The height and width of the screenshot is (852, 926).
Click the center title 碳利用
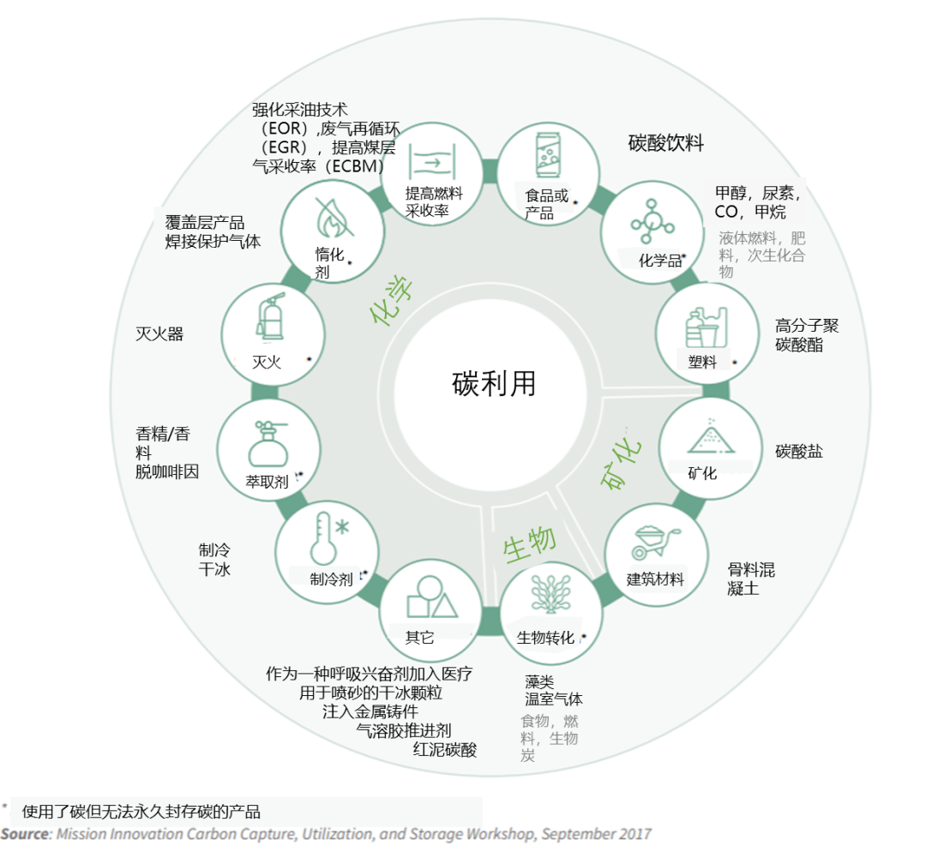[494, 383]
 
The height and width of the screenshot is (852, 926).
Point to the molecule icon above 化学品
[652, 220]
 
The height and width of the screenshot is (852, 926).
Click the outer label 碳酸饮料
[665, 143]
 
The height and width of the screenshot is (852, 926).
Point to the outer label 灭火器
[159, 333]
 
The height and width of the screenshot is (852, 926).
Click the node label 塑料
[702, 362]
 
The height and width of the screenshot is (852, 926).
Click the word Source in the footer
[24, 833]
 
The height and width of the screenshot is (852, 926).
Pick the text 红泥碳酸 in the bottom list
[444, 749]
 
